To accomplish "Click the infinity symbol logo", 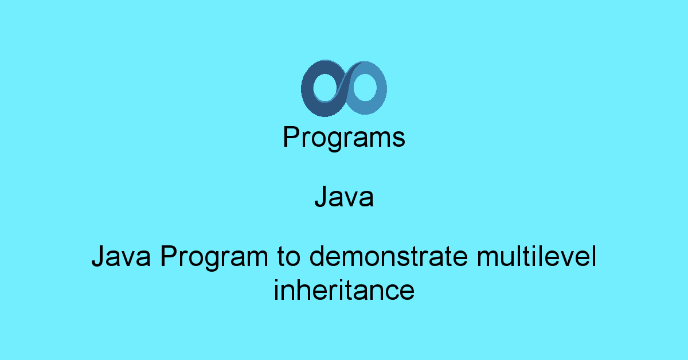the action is pos(343,88).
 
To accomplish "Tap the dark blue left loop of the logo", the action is pos(307,89).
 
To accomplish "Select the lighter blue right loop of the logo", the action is pos(381,88).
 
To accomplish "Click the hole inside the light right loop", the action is pos(365,88).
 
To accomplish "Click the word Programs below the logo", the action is pos(344,138).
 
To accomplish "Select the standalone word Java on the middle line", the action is pos(344,197).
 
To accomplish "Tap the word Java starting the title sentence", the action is pos(121,256).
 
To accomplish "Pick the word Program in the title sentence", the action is pos(214,258).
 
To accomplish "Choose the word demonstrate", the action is pos(389,256).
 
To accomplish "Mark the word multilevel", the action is pos(537,256).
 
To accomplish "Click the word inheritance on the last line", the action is pos(344,290).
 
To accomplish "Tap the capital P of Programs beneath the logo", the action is pos(291,136).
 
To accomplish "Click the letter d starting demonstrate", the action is pos(317,256).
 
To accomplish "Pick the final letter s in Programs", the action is pos(398,139).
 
